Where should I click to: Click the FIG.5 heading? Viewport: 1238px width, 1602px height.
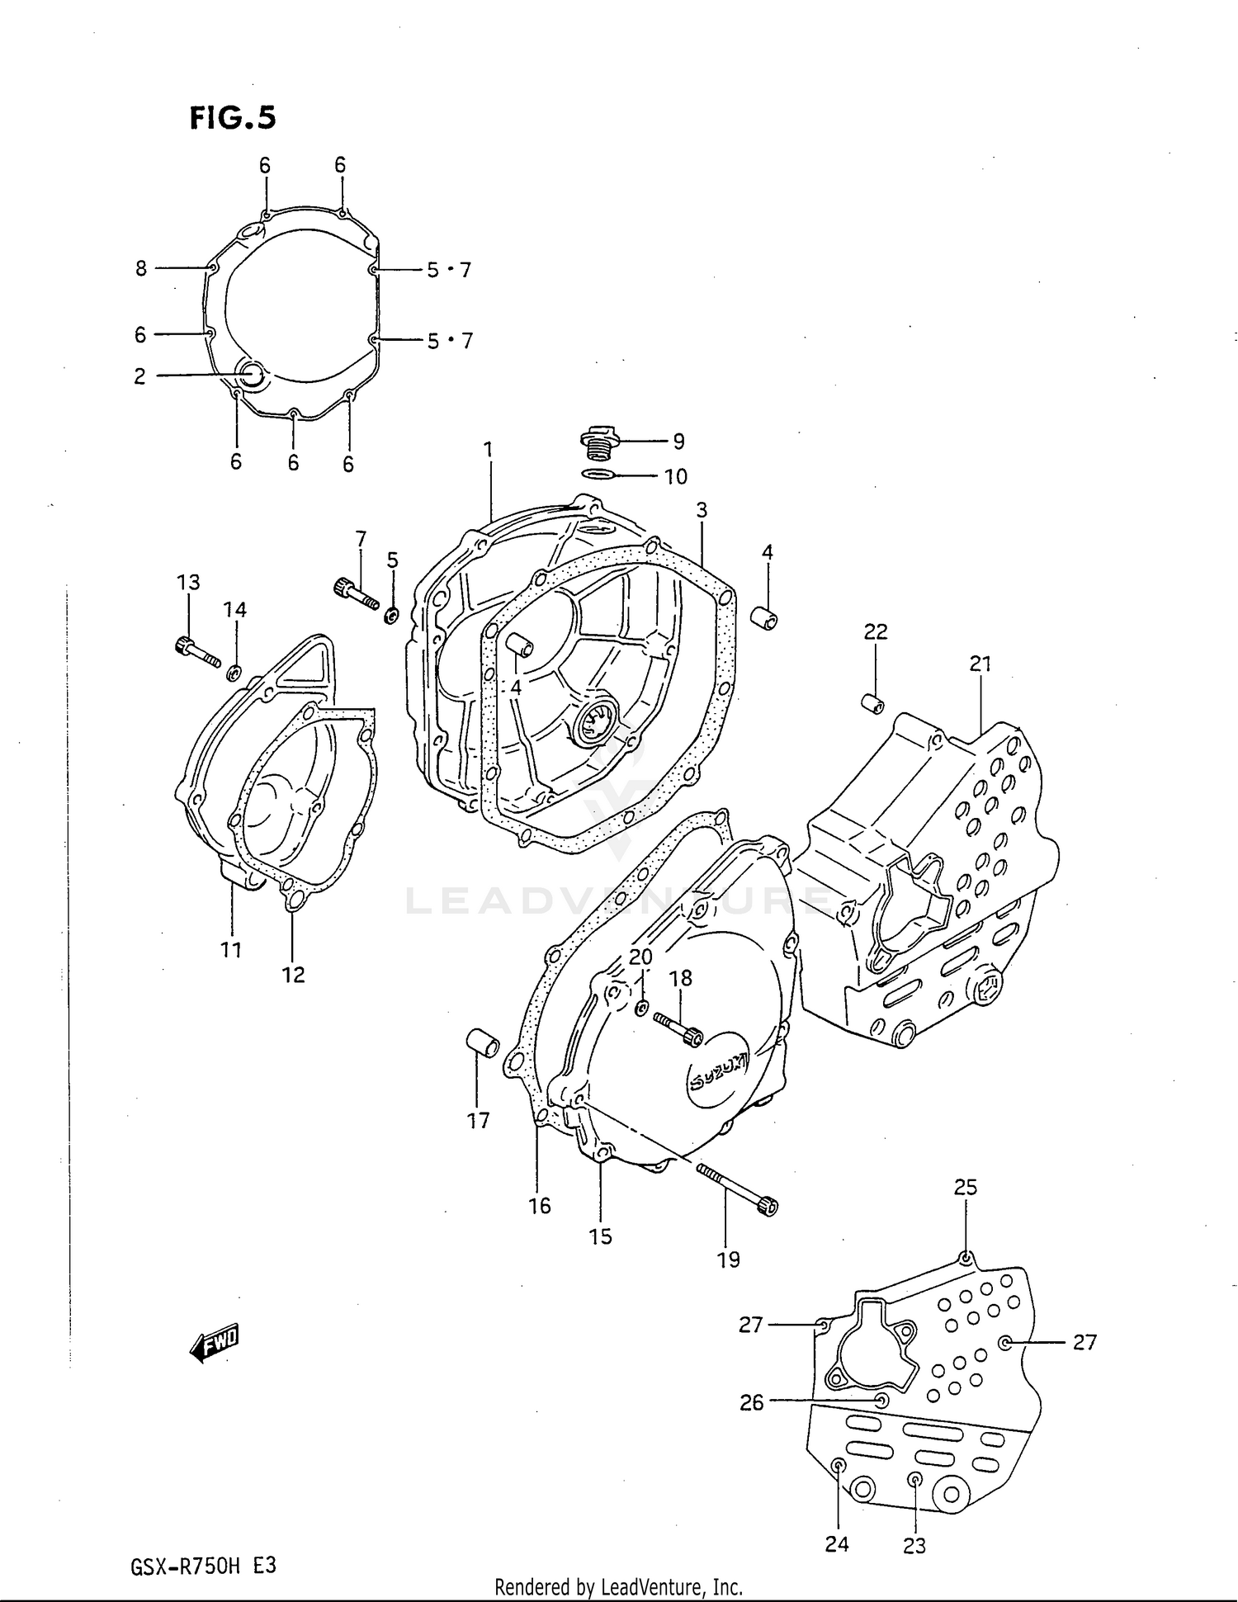click(x=232, y=118)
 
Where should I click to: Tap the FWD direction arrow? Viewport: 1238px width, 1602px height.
click(x=214, y=1344)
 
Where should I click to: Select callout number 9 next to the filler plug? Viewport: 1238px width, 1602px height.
click(x=678, y=442)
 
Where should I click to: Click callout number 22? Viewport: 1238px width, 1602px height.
click(x=876, y=632)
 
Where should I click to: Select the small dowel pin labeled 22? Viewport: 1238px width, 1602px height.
click(x=872, y=704)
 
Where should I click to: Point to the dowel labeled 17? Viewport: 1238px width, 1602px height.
click(x=484, y=1043)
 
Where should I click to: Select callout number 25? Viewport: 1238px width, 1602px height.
click(x=965, y=1188)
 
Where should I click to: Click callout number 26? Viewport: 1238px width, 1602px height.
click(x=751, y=1402)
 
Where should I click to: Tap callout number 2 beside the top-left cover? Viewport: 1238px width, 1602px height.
click(x=139, y=376)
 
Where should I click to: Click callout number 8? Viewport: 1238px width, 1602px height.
click(x=141, y=268)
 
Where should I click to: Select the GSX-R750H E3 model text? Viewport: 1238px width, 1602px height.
click(x=203, y=1566)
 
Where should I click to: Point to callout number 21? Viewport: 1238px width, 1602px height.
click(x=980, y=664)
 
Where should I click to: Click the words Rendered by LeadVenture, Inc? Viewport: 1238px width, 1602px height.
click(x=618, y=1586)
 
